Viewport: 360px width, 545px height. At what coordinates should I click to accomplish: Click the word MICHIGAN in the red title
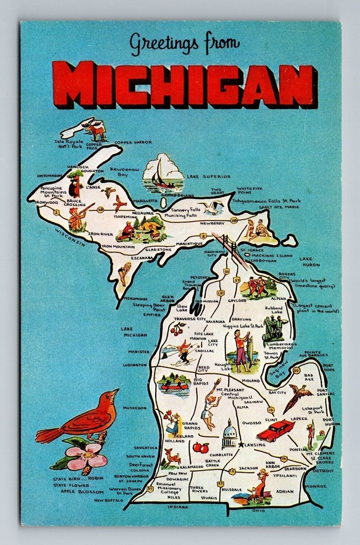188,85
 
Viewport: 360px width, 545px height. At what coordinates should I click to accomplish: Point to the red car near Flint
275,431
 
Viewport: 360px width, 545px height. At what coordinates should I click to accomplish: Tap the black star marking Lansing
240,445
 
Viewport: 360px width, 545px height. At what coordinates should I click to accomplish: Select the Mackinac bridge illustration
227,245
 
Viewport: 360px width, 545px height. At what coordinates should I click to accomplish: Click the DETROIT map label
324,470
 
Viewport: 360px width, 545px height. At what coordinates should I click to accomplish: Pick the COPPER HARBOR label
133,142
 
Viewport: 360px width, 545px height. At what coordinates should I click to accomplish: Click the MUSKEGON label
135,408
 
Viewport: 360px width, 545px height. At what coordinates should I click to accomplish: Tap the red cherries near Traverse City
178,329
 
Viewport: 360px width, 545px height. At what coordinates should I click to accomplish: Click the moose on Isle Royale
97,130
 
